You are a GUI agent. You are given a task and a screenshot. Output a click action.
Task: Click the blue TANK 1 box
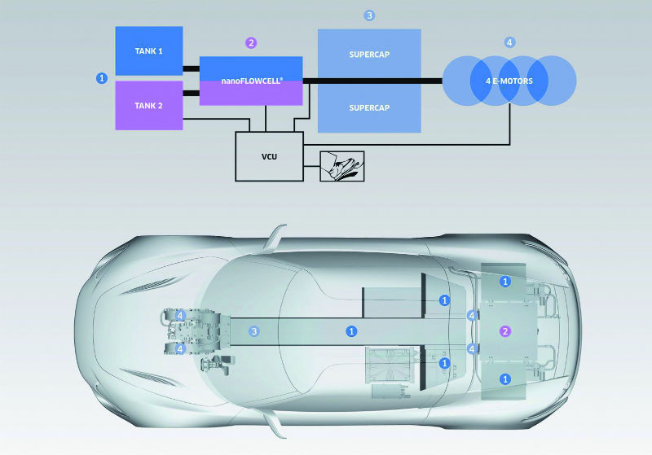148,50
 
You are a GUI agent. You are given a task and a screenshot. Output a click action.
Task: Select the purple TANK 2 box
148,106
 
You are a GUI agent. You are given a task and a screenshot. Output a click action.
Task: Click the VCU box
269,155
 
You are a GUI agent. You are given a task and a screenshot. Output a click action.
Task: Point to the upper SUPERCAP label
368,54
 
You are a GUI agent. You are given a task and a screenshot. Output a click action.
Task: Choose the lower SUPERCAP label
368,107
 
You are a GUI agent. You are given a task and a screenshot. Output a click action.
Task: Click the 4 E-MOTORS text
509,81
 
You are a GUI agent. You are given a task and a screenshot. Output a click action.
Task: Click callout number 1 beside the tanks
102,78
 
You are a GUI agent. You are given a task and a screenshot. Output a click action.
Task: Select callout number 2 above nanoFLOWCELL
251,42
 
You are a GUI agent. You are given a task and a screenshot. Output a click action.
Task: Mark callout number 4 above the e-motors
509,42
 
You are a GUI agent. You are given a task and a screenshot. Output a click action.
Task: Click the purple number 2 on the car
505,331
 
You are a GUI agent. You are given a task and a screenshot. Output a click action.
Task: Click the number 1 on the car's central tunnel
351,331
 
